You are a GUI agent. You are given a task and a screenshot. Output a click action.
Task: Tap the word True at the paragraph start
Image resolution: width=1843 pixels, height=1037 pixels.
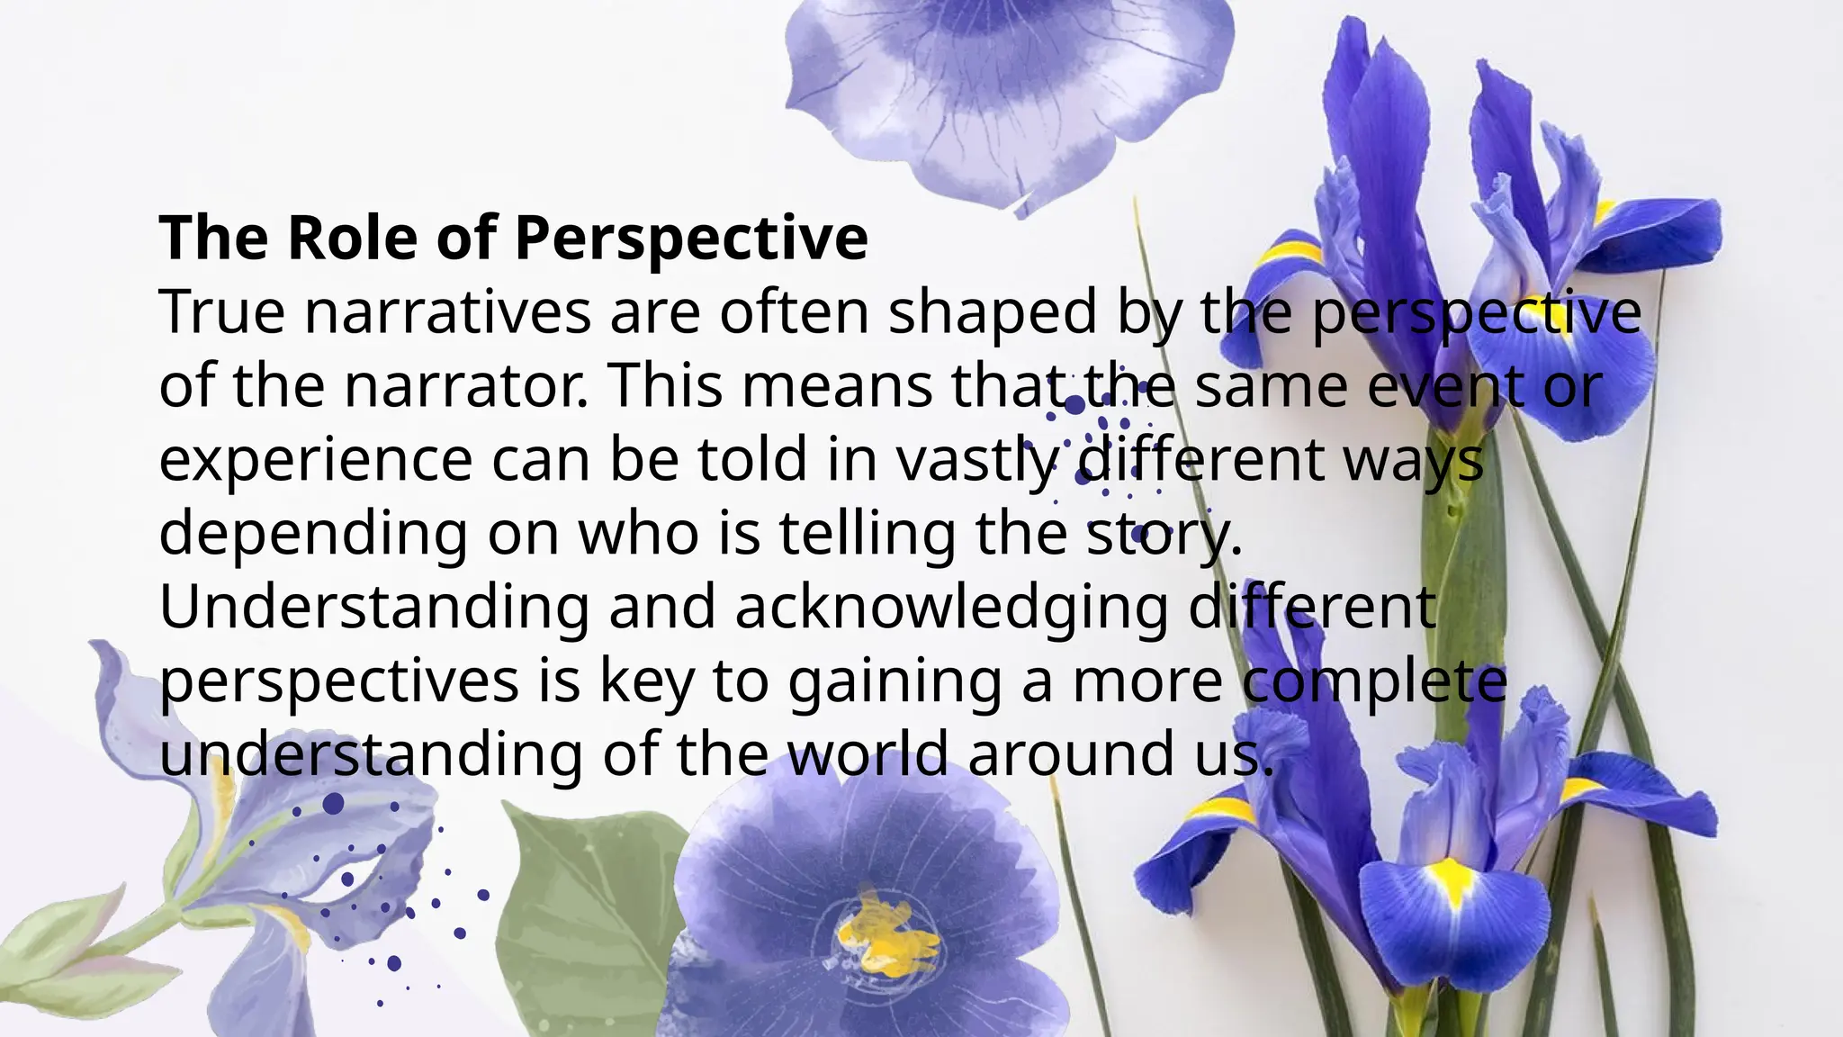[221, 312]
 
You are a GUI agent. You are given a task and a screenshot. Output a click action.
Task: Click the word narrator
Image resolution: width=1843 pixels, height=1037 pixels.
[466, 386]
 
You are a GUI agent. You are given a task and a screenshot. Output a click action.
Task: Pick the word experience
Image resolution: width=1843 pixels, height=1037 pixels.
[315, 460]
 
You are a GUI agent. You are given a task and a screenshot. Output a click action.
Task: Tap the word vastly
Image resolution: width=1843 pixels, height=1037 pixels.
[976, 460]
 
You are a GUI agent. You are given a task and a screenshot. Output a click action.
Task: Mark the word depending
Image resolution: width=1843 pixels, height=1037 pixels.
[313, 534]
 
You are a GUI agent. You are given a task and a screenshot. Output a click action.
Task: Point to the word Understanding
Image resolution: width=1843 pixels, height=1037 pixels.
[373, 608]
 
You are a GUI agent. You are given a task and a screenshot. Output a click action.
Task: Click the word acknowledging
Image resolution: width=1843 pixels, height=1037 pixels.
[951, 608]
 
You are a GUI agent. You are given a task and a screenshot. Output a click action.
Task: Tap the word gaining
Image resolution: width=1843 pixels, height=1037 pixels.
[895, 681]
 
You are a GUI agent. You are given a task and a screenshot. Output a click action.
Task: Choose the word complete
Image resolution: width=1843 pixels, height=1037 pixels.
[1374, 681]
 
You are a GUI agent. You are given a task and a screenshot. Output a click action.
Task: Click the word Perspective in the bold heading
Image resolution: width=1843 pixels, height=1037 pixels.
[691, 238]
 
